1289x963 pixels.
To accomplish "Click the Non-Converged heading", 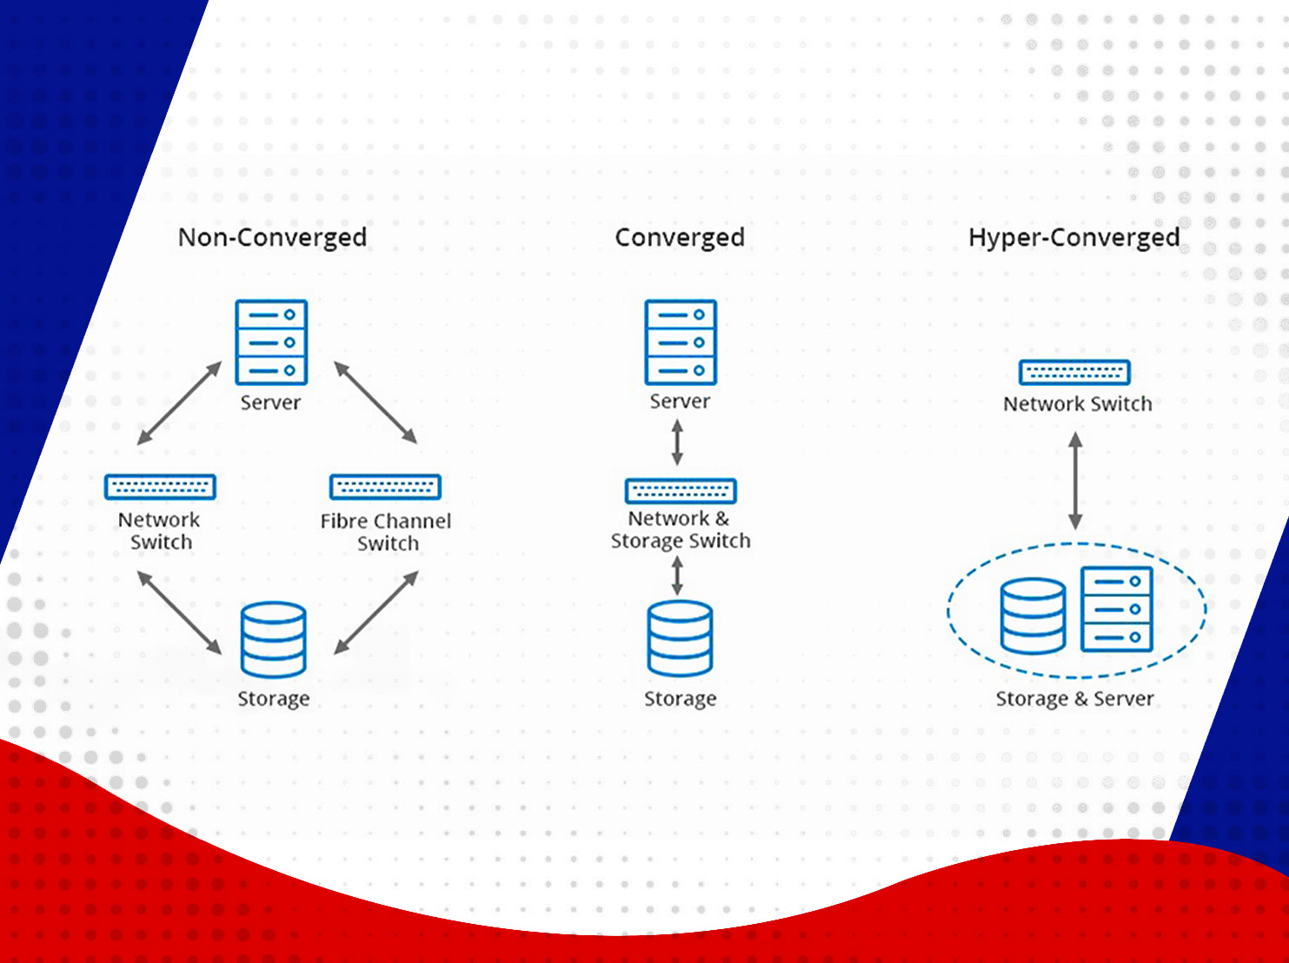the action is click(272, 238).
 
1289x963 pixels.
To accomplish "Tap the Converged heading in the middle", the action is click(680, 238).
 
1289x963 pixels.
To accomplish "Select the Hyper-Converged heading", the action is click(1074, 238).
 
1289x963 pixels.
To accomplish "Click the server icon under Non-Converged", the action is click(271, 342).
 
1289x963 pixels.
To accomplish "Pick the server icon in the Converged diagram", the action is click(681, 342).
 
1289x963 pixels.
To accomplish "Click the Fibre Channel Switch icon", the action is click(385, 487).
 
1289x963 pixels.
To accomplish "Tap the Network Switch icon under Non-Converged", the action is click(160, 487).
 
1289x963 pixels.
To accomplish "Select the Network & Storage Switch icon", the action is click(681, 491).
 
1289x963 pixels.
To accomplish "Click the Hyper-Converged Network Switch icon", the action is click(1074, 372).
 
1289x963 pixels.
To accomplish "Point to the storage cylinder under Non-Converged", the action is click(273, 640).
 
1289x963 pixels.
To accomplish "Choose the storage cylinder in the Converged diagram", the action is click(680, 639).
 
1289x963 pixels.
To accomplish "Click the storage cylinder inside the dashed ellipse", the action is click(1033, 616).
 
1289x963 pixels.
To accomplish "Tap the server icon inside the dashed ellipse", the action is click(1117, 609).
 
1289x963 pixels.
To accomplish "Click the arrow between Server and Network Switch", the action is click(179, 402).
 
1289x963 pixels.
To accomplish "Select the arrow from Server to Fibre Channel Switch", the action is click(375, 402).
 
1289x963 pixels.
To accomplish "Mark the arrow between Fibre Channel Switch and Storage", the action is click(375, 613).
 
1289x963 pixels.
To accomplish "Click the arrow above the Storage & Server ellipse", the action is click(1075, 481).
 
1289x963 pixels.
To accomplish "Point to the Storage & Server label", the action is click(1074, 699).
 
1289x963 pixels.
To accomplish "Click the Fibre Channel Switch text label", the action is click(386, 532).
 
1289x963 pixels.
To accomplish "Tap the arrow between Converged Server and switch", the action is click(677, 442).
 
